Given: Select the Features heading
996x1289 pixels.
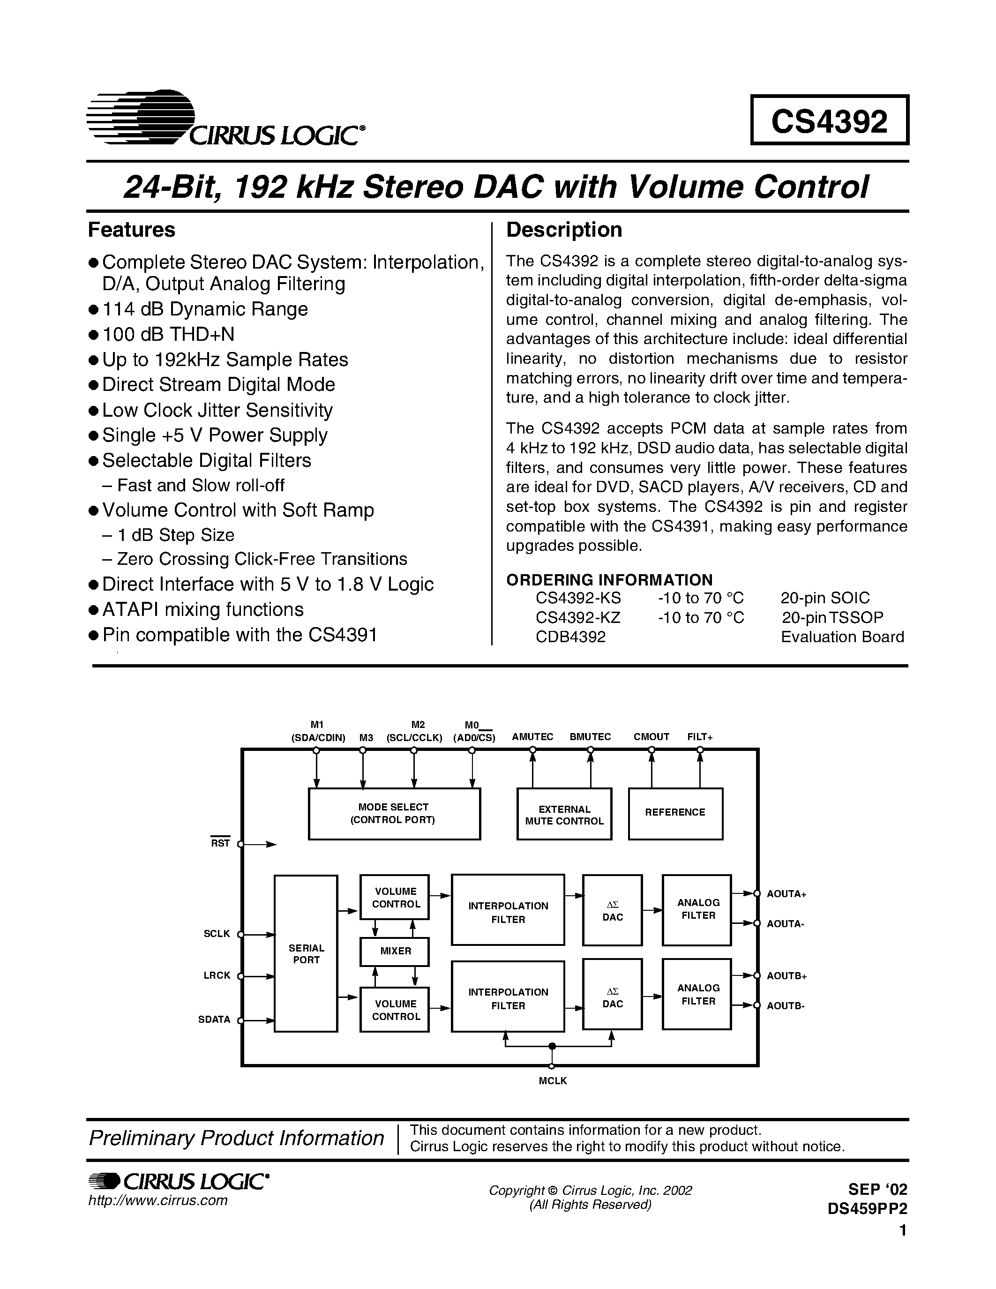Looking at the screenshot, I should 132,230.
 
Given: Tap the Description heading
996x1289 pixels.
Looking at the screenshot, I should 563,230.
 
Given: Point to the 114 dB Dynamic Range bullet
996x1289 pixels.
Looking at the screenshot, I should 205,309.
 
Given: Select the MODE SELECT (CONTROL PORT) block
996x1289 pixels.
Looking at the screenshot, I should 394,813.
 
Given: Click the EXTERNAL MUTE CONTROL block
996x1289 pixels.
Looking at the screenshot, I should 564,815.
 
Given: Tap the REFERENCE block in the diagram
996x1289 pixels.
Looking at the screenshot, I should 675,813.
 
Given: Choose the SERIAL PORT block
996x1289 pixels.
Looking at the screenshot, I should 306,954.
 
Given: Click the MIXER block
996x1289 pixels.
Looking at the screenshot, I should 395,951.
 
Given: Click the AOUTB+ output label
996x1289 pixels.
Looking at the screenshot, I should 786,975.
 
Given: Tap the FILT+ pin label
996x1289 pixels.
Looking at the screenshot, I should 700,736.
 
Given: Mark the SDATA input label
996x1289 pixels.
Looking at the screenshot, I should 214,1019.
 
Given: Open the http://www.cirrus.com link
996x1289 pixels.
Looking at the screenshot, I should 157,1200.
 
